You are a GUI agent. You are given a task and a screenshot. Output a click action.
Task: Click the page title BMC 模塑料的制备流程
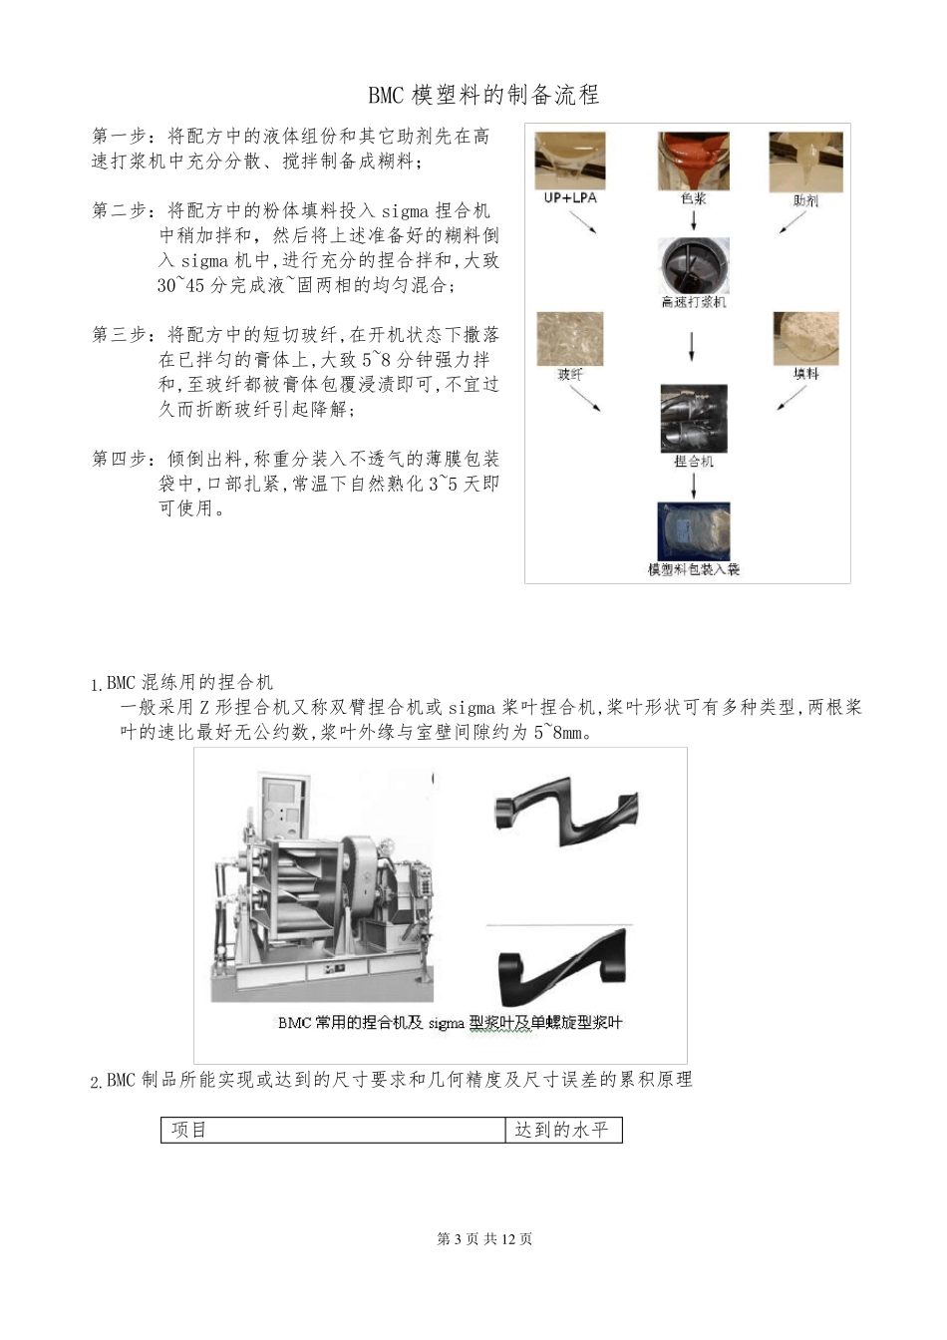483,96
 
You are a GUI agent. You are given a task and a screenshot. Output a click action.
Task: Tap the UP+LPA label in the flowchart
570,198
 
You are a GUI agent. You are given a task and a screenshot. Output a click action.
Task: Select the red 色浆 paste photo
693,161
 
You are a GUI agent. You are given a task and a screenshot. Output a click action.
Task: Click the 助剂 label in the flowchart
805,200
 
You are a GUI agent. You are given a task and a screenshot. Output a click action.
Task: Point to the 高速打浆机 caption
694,302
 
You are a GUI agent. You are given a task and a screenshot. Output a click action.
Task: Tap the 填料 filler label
805,374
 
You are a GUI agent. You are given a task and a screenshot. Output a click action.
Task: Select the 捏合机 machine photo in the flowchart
694,419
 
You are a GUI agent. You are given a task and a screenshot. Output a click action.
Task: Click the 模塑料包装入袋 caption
694,569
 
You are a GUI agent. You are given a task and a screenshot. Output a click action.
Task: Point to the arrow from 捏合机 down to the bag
694,485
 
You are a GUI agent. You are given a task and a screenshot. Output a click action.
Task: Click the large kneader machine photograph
322,887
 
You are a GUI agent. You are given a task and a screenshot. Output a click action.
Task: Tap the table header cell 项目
188,1130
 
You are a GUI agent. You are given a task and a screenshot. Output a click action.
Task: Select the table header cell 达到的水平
561,1130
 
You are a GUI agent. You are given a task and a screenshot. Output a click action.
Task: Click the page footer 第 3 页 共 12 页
484,1239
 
